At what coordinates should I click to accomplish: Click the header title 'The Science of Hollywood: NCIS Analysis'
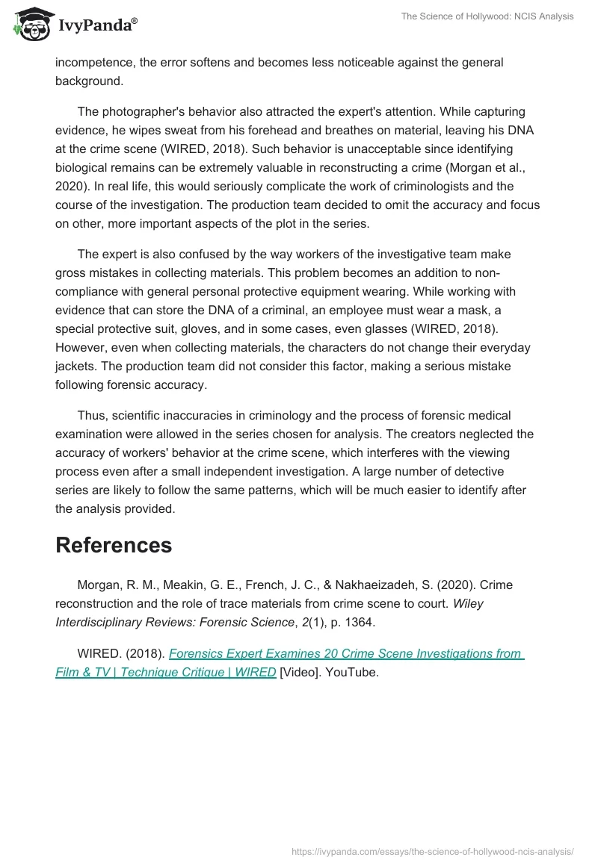tap(487, 16)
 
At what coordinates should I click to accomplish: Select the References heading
tap(114, 545)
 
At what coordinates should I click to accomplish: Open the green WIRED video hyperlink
tap(290, 663)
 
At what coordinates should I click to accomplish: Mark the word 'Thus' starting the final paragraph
tap(91, 416)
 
